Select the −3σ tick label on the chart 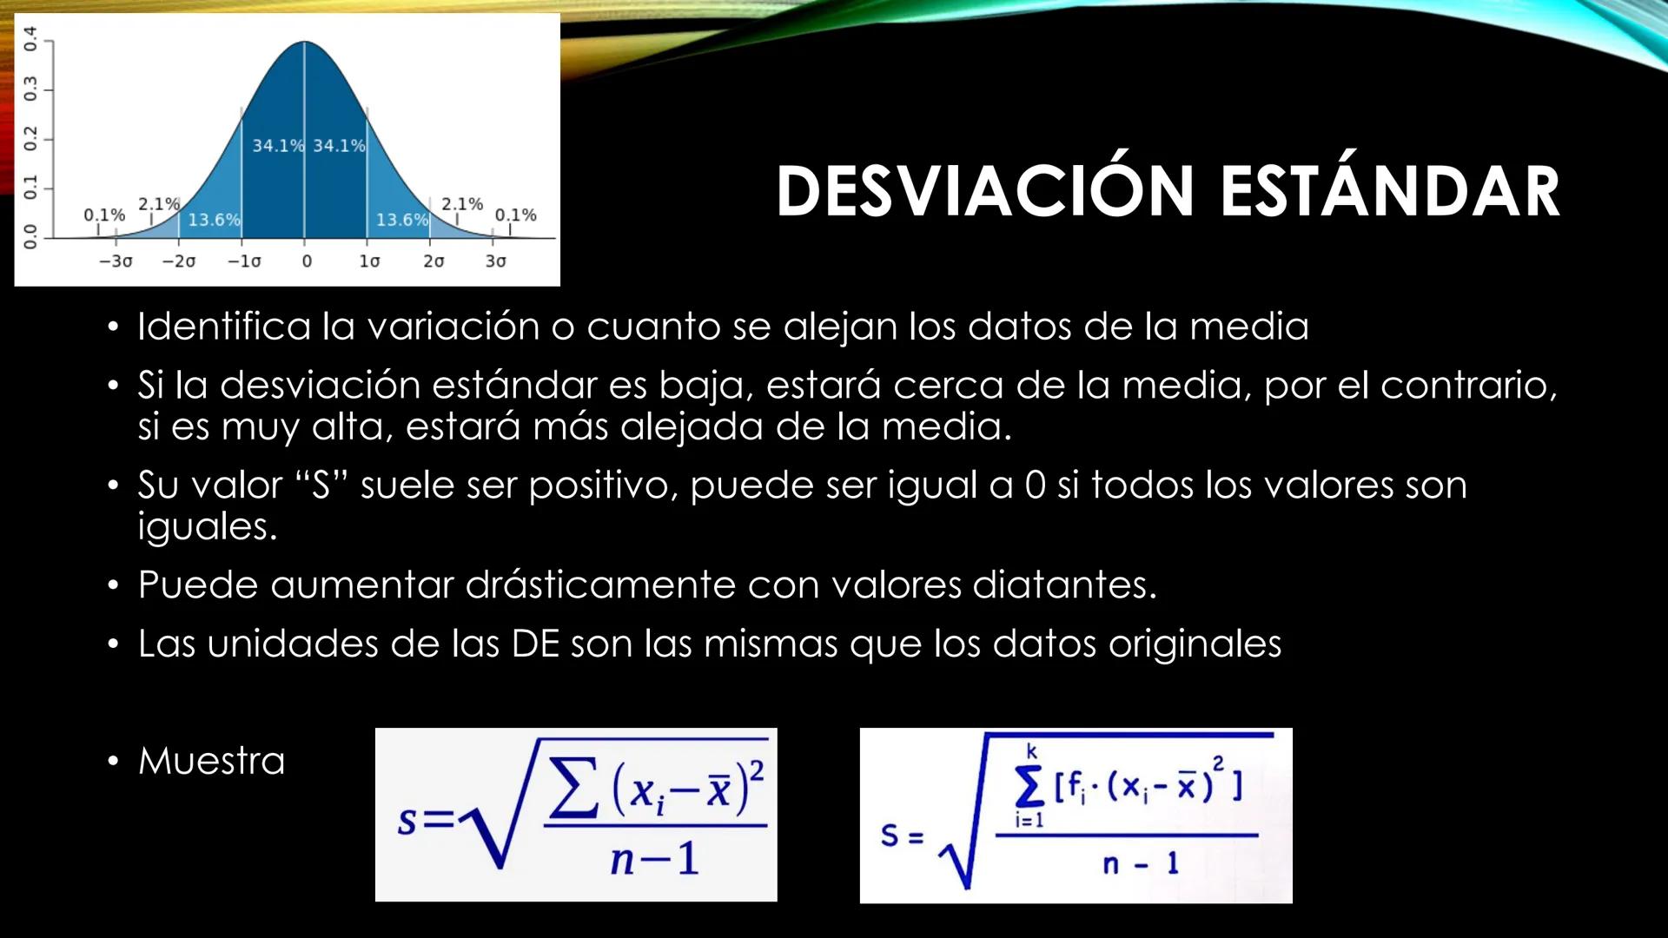tap(116, 261)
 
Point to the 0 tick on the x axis tap(306, 261)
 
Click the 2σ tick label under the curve tap(433, 261)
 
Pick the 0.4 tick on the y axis tap(30, 38)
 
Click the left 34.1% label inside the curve tap(278, 145)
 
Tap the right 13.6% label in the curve tap(401, 220)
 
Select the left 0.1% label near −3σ tap(103, 215)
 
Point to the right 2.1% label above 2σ tap(461, 204)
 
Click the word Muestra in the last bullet tap(211, 761)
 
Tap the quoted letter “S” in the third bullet tap(321, 485)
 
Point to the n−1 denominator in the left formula tap(653, 860)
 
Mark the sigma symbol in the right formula tap(1030, 787)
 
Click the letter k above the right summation tap(1031, 752)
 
